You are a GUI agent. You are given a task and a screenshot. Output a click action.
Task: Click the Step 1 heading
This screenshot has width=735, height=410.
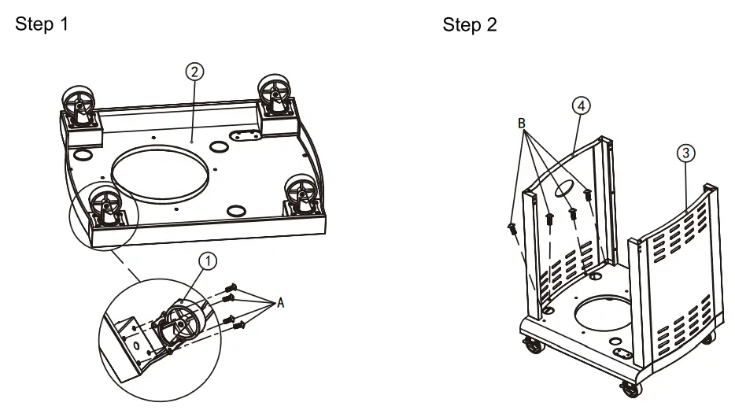point(42,24)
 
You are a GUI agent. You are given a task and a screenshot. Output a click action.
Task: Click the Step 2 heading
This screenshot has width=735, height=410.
point(469,24)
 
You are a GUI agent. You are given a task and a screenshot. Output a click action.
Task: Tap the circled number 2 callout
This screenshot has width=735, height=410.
point(194,71)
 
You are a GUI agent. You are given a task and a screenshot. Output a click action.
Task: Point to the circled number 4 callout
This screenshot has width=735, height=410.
point(581,105)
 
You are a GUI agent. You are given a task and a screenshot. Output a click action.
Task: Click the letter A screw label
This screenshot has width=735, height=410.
point(277,303)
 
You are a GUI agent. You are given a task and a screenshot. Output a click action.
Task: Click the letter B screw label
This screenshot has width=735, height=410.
point(521,124)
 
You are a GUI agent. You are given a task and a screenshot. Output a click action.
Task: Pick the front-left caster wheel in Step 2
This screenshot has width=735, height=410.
point(533,344)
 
